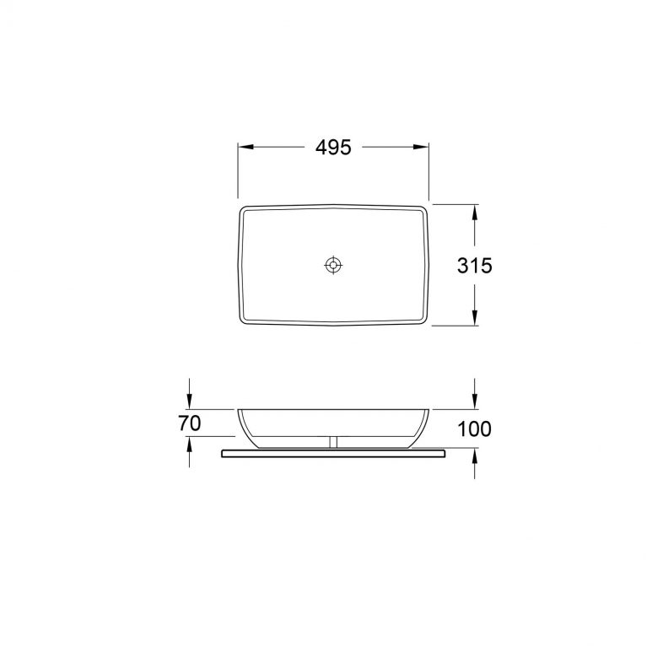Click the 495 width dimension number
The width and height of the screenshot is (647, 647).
click(333, 148)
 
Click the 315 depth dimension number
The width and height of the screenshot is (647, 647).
click(475, 266)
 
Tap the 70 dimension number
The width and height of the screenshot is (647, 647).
click(190, 423)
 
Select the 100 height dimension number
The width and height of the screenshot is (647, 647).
click(475, 429)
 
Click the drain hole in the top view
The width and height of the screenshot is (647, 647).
click(333, 265)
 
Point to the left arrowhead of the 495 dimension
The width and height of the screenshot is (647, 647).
click(246, 147)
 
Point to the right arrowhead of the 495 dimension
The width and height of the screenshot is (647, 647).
click(421, 147)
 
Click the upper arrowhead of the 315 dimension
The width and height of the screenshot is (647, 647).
click(475, 213)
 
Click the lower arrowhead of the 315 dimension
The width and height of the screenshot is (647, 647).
click(475, 317)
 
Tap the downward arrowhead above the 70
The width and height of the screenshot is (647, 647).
click(190, 402)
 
